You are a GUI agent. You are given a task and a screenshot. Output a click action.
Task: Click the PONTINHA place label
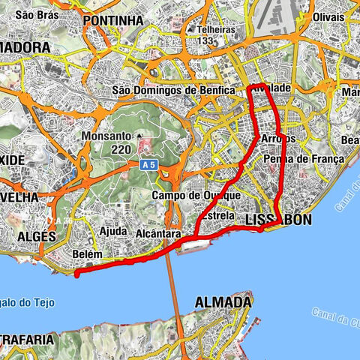(114, 21)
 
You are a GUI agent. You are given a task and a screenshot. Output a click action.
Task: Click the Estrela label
(218, 215)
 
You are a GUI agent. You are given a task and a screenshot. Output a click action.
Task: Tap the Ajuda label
(112, 231)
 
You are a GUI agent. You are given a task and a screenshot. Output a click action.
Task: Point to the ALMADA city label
(223, 301)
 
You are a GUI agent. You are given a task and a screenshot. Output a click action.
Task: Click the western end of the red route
(76, 274)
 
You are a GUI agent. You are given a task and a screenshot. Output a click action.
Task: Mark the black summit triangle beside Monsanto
(139, 136)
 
